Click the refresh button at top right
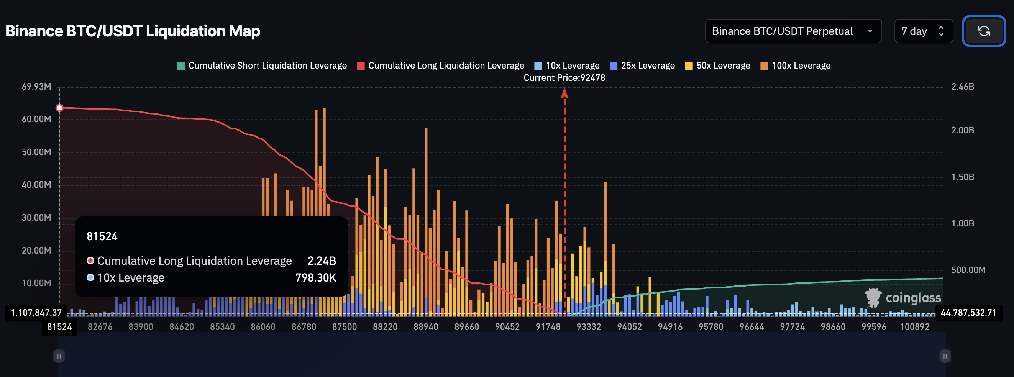[983, 31]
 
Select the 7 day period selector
[923, 31]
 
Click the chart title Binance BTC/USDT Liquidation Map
[133, 31]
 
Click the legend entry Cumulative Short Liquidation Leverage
[262, 66]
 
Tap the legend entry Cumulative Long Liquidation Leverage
[440, 66]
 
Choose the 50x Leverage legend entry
[718, 66]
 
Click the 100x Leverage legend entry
[796, 66]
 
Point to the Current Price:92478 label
[564, 78]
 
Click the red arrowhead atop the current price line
[564, 93]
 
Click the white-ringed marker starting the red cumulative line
[59, 108]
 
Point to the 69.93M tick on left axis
[36, 87]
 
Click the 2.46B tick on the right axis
[962, 87]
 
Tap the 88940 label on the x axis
[425, 327]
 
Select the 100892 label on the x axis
[914, 327]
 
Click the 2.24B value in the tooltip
[322, 261]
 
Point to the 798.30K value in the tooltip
[316, 278]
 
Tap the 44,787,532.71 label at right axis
[968, 313]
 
